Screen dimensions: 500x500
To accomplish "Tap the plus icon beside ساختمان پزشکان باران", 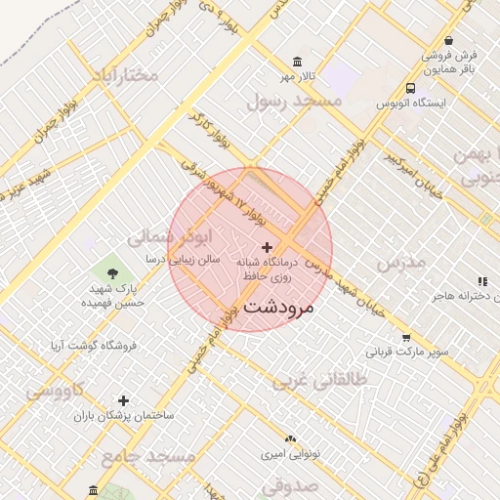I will (x=123, y=400).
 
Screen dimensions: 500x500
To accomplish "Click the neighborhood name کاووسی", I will (x=56, y=391).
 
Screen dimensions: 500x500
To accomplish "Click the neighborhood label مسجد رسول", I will (x=294, y=100).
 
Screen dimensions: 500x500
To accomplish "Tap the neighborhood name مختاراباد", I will (x=124, y=75).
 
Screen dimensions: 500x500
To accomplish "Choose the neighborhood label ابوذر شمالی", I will (x=169, y=237).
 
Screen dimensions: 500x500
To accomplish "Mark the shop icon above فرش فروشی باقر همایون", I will (x=448, y=42).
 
